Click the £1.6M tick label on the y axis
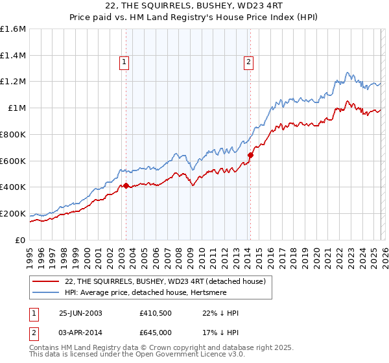(x=13, y=29)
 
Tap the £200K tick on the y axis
(x=13, y=213)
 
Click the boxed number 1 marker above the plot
(x=124, y=62)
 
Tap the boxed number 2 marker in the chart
(x=248, y=62)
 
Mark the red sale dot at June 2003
(x=126, y=186)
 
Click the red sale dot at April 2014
(x=250, y=155)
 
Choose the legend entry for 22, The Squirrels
(x=165, y=281)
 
